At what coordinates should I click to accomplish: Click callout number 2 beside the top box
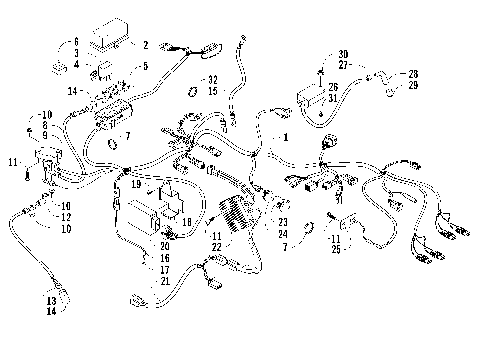145,45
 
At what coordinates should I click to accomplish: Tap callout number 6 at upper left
74,42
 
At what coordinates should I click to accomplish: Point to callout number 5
146,67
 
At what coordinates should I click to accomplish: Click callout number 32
212,79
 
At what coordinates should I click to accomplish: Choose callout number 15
212,91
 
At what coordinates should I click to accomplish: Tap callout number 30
343,54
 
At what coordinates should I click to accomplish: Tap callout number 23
283,222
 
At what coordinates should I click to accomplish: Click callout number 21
163,282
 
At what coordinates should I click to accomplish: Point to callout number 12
65,217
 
